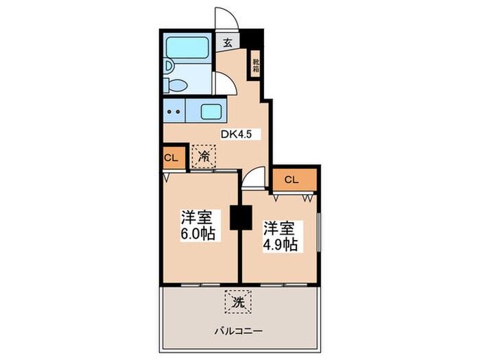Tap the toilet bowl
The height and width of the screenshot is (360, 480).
[x=176, y=86]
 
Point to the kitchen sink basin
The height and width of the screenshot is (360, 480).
[x=211, y=111]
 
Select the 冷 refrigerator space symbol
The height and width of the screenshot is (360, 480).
[x=204, y=157]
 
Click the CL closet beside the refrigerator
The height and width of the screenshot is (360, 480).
[x=171, y=158]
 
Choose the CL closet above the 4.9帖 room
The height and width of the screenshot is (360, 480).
[x=291, y=180]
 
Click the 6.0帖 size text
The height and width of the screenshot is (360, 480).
[x=198, y=234]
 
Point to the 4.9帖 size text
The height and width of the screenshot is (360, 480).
[x=280, y=244]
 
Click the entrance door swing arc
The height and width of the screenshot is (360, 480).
[x=226, y=18]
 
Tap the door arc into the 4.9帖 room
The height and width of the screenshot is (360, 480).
[x=253, y=179]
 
